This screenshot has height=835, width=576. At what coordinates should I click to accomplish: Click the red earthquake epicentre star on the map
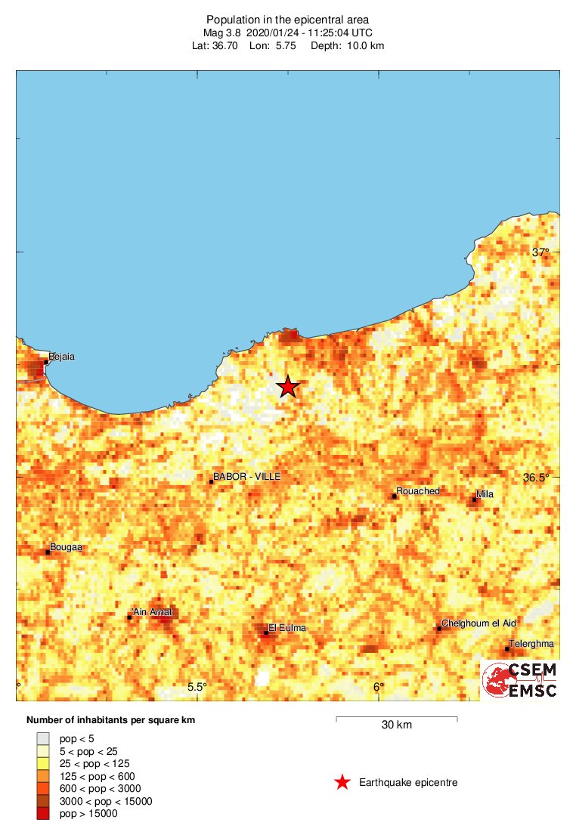coord(287,387)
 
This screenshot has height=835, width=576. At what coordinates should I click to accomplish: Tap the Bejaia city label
coord(61,356)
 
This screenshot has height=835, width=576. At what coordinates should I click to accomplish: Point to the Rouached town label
coord(418,491)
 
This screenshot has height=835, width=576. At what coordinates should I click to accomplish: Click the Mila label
coord(485,494)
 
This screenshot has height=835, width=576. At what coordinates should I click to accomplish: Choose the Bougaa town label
coord(66,547)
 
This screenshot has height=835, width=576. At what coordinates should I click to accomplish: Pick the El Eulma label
coord(287,627)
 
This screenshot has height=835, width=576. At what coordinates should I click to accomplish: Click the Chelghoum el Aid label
coord(478,623)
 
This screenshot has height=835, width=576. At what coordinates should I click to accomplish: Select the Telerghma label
coord(531,644)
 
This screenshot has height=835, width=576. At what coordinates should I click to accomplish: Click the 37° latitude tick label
coord(540,252)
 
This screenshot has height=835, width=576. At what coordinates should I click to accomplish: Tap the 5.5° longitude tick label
coord(197,687)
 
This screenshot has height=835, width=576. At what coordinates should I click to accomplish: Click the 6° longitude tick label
coord(378,687)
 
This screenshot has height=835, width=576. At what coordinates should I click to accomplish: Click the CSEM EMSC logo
coord(521,679)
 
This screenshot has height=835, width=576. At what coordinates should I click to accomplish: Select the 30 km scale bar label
coord(396,725)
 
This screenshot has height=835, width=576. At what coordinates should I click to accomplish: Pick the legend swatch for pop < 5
coord(43,738)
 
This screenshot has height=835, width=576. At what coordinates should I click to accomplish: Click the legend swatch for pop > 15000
coord(43,813)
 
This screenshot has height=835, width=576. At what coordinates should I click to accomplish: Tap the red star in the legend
coord(342,783)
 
